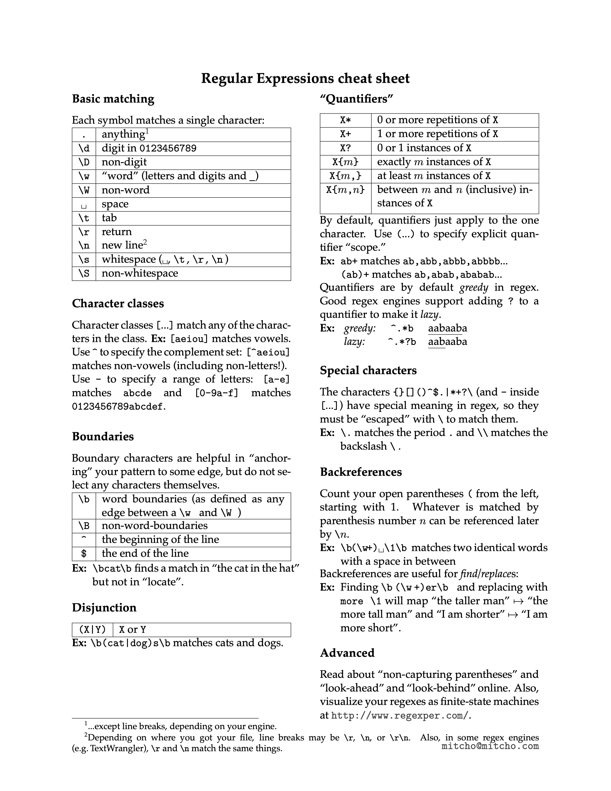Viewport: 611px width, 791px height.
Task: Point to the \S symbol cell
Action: point(84,273)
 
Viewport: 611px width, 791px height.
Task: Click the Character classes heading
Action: point(118,303)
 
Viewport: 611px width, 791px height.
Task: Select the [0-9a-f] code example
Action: point(216,393)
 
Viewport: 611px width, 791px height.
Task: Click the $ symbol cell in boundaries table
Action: point(84,553)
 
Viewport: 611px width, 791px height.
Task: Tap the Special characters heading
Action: point(368,371)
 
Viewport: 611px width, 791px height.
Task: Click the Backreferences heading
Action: point(361,472)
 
